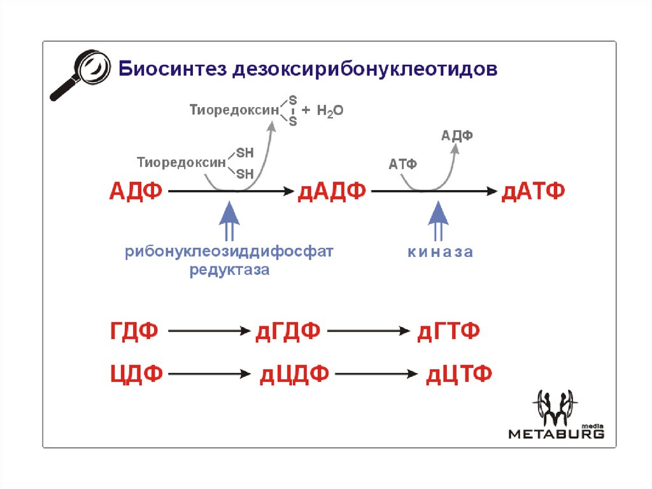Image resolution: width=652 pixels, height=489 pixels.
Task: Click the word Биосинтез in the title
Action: (173, 69)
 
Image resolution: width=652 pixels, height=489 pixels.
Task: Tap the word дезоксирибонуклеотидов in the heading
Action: (365, 69)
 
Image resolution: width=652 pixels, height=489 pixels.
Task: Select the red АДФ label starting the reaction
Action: (136, 192)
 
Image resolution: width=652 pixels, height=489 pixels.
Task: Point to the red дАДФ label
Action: (332, 192)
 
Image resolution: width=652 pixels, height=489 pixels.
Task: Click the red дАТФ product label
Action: (533, 192)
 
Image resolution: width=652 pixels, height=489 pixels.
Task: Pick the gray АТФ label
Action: (402, 164)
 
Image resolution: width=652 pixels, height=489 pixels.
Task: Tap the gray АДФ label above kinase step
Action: (457, 135)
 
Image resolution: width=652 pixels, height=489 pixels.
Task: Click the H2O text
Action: (330, 111)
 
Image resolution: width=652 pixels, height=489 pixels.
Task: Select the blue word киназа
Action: (441, 252)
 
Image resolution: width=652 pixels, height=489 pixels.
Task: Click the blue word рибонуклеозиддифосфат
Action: (229, 252)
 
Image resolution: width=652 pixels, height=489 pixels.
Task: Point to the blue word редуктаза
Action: (229, 270)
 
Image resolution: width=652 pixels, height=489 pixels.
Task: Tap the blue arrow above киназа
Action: (438, 221)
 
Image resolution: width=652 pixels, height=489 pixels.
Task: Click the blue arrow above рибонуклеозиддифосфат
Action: (229, 221)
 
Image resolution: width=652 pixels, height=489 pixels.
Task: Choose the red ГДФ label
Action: (134, 331)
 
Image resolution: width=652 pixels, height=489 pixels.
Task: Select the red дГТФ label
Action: (449, 331)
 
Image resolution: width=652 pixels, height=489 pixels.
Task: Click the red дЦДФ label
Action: (294, 374)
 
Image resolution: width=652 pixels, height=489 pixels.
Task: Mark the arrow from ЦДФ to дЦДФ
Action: (209, 374)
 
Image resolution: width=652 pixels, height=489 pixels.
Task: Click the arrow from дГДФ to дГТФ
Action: (369, 331)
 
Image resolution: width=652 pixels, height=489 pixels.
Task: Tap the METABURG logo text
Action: (556, 434)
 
